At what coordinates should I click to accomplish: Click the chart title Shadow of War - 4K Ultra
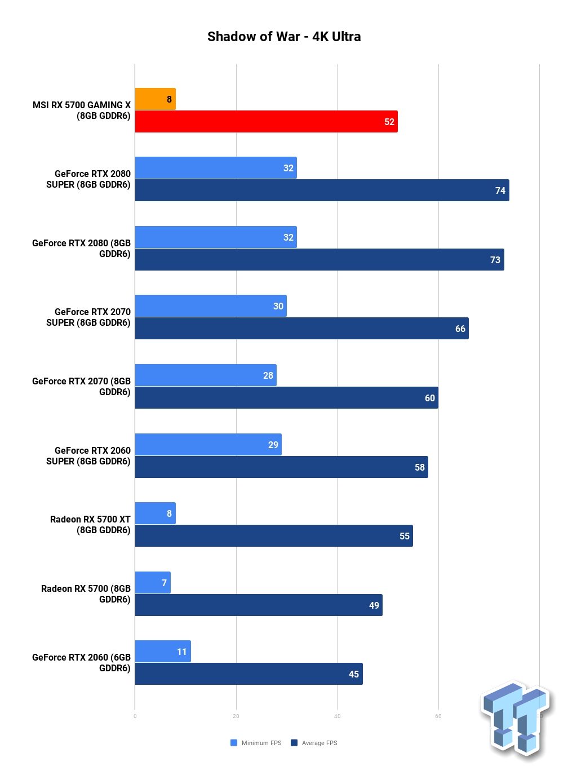click(x=283, y=36)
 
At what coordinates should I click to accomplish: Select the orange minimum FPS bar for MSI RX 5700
click(x=156, y=99)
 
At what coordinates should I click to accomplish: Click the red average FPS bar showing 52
click(x=267, y=121)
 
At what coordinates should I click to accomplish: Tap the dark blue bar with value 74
click(x=322, y=191)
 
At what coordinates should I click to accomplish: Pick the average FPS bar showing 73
click(x=319, y=259)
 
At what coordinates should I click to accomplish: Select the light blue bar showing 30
click(x=211, y=306)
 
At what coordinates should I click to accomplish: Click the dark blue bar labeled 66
click(x=302, y=329)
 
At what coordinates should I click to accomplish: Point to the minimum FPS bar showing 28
click(x=206, y=375)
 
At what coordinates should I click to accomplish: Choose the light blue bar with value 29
click(x=208, y=445)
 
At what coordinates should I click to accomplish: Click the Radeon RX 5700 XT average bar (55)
click(x=274, y=536)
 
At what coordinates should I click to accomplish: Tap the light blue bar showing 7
click(x=153, y=583)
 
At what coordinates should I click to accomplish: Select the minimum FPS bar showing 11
click(x=163, y=652)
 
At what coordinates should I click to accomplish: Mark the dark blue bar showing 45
click(x=249, y=674)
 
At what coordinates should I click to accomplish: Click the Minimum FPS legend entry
click(x=256, y=743)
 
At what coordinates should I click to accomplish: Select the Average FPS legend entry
click(x=314, y=743)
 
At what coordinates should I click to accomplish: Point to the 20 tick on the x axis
click(x=236, y=716)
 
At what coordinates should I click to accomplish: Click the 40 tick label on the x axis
click(x=338, y=716)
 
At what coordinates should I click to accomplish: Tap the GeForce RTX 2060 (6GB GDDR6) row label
click(x=81, y=663)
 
